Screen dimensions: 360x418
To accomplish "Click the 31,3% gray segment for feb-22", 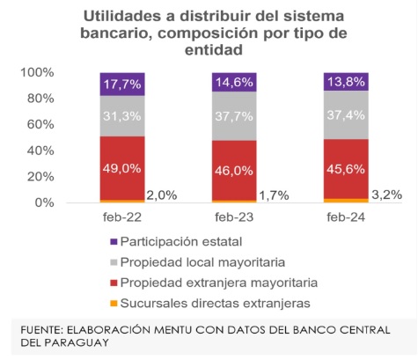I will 122,116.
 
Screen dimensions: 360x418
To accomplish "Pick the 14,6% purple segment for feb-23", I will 234,83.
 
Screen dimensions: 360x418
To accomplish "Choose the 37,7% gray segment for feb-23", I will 234,116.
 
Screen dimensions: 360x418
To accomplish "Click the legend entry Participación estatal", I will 179,240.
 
